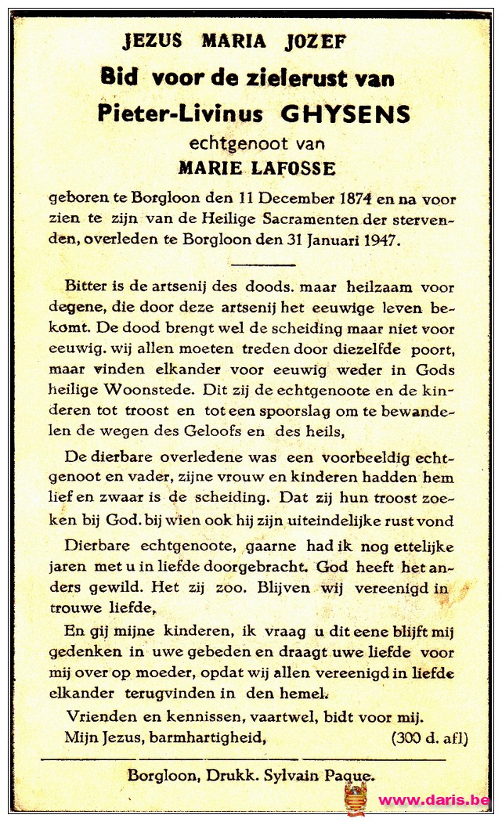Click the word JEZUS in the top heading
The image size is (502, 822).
click(153, 41)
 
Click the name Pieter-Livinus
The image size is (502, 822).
click(179, 114)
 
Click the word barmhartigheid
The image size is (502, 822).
click(203, 737)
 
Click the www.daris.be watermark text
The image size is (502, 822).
click(435, 800)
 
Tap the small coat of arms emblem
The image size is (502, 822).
click(356, 799)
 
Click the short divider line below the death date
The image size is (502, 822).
click(263, 265)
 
